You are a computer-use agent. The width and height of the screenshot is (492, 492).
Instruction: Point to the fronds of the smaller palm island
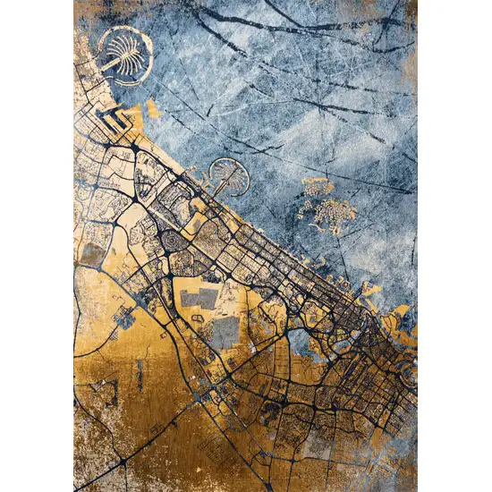click(227, 169)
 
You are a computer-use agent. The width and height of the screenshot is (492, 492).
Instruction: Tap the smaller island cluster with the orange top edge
click(318, 186)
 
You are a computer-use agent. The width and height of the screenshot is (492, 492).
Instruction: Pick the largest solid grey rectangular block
click(225, 332)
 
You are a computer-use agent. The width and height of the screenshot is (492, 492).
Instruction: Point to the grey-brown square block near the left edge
click(91, 254)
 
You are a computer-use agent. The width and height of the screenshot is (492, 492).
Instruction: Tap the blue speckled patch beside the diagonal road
click(125, 317)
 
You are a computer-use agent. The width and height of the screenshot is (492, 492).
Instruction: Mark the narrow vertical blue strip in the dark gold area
click(140, 376)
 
